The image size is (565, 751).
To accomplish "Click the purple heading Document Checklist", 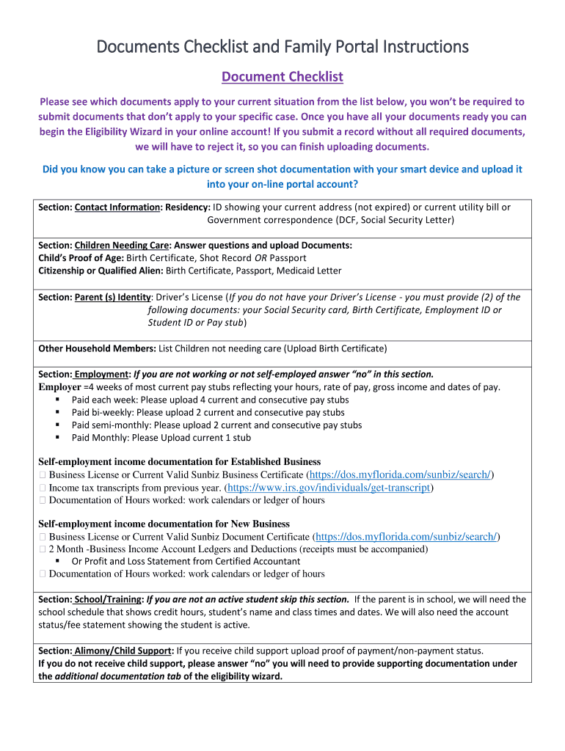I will pyautogui.click(x=282, y=77).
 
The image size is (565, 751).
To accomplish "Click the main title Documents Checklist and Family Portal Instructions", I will pyautogui.click(x=282, y=47).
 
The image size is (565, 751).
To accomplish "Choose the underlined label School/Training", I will pyautogui.click(x=109, y=599).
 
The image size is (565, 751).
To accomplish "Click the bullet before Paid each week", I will pyautogui.click(x=57, y=400).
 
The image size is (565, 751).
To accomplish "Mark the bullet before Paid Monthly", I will pyautogui.click(x=57, y=438).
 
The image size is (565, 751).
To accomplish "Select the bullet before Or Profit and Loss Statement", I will pyautogui.click(x=57, y=561).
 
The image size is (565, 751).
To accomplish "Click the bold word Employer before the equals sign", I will pyautogui.click(x=59, y=387).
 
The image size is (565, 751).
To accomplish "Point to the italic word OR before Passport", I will pyautogui.click(x=260, y=258).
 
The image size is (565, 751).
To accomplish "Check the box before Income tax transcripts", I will pyautogui.click(x=43, y=488).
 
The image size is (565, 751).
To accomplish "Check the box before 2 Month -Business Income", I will pyautogui.click(x=43, y=549).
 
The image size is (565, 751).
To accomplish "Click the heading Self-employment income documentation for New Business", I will pyautogui.click(x=164, y=524).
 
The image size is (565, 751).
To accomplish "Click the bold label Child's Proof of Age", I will pyautogui.click(x=81, y=258).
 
